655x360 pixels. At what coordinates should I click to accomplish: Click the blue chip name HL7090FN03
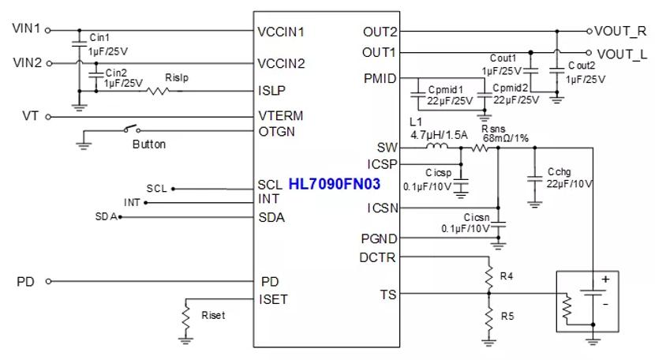(x=335, y=184)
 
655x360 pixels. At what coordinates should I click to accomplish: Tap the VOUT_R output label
(x=621, y=32)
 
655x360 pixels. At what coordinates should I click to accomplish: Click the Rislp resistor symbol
(x=160, y=91)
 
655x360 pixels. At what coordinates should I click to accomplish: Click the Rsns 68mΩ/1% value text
(x=501, y=137)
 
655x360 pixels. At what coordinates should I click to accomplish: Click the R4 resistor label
(x=506, y=276)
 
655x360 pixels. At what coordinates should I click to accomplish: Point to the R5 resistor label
(x=506, y=317)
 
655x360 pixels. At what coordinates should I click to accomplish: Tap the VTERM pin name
(x=280, y=116)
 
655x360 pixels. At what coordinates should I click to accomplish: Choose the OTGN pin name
(x=276, y=131)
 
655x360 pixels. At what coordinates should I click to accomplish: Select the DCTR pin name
(x=378, y=257)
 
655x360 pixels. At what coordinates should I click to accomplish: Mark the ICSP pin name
(x=383, y=164)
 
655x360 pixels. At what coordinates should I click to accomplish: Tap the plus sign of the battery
(x=605, y=279)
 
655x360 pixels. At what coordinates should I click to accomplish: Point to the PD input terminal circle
(x=48, y=281)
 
